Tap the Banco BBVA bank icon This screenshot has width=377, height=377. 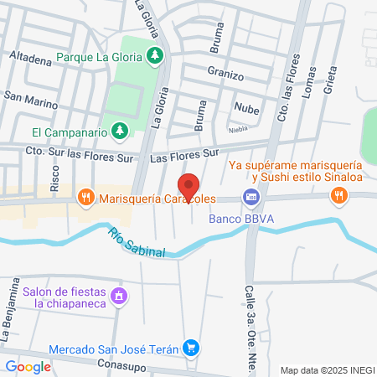point(250,197)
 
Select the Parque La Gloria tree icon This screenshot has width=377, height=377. point(154,56)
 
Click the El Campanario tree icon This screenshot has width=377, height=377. point(121,132)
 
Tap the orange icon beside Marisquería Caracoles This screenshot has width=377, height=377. point(85,199)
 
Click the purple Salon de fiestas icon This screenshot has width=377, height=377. point(119,297)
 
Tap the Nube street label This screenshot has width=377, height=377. point(246,108)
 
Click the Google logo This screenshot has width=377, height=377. point(28,366)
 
